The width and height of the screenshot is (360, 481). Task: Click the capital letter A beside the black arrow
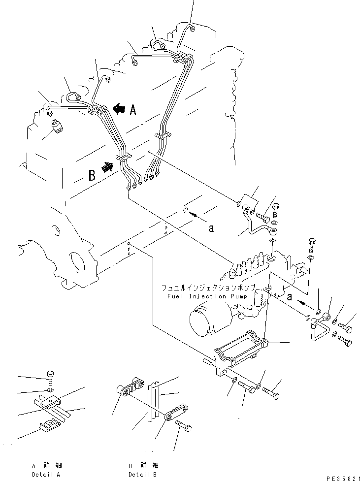click(133, 109)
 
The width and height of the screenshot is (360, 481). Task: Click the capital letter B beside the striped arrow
click(92, 175)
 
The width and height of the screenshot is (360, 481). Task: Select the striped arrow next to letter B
click(107, 167)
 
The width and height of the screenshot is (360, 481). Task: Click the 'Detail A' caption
click(46, 474)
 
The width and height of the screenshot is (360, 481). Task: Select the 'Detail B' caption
click(142, 474)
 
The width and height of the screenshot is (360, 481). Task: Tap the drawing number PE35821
click(343, 478)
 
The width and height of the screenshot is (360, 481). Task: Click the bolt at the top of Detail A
click(51, 379)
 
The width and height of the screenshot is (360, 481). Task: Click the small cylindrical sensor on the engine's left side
click(58, 126)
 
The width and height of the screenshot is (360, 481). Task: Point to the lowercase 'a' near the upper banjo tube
click(211, 228)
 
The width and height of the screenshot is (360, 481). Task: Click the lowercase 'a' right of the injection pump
click(290, 297)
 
